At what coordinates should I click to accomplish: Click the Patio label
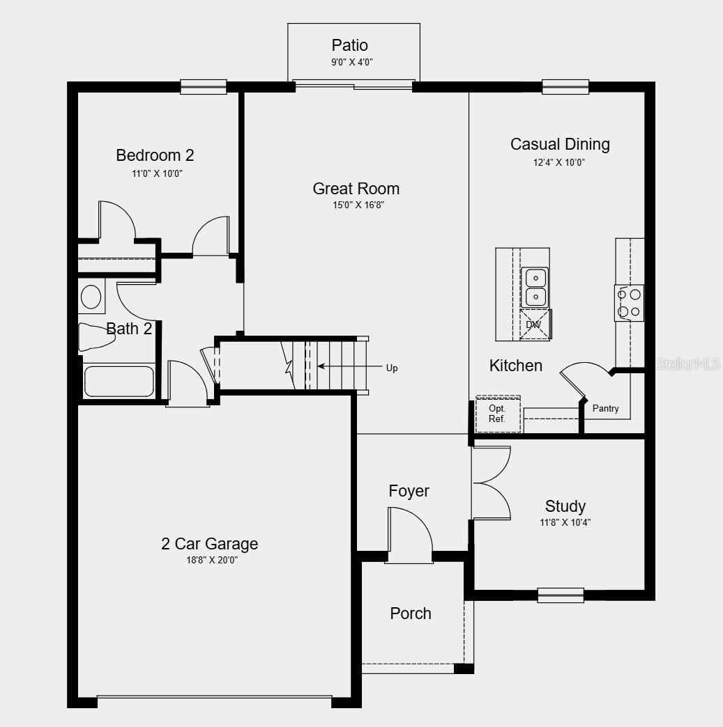click(x=349, y=46)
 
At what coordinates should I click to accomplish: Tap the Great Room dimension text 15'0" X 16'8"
click(x=356, y=205)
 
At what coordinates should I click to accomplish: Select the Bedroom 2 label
click(x=155, y=155)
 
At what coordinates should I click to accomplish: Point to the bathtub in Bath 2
click(x=119, y=381)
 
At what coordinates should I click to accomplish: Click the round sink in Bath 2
click(x=91, y=297)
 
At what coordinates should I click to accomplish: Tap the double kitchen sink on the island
click(x=535, y=288)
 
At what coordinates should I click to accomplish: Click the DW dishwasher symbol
click(x=533, y=325)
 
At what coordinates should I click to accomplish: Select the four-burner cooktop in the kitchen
click(x=629, y=304)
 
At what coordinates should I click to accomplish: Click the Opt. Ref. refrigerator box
click(x=498, y=414)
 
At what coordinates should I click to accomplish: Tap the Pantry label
click(x=605, y=409)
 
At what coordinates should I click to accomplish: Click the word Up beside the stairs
click(x=392, y=368)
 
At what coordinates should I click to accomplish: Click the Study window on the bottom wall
click(x=560, y=595)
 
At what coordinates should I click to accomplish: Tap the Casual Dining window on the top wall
click(x=565, y=87)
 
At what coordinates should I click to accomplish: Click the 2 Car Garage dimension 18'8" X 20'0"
click(x=209, y=560)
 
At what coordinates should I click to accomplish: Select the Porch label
click(x=410, y=613)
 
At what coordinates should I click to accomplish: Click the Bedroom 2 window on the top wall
click(x=204, y=87)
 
